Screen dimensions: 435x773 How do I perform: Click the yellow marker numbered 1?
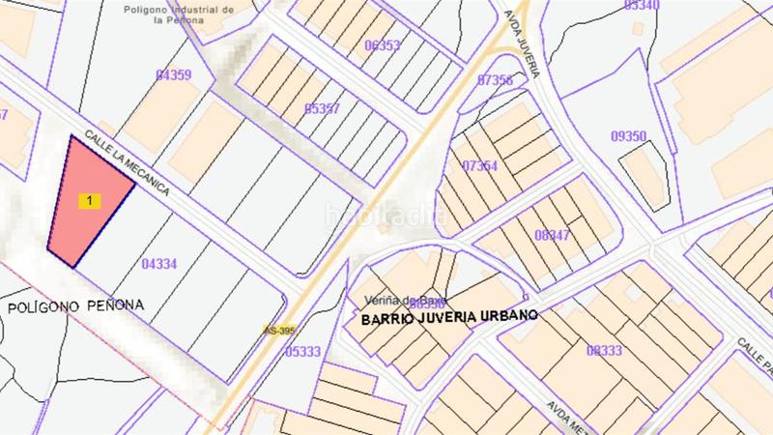(x=90, y=201)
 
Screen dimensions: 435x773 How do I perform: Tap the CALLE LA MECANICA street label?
(x=127, y=163)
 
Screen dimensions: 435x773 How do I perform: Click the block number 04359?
(x=172, y=74)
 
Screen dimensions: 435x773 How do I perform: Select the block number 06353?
(x=382, y=45)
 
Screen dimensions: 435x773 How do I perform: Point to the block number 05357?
(x=321, y=108)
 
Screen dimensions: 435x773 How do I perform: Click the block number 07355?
(x=494, y=80)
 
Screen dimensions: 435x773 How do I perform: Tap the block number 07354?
(x=479, y=165)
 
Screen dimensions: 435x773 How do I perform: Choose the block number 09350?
(x=628, y=136)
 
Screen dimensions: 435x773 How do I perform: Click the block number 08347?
(x=551, y=234)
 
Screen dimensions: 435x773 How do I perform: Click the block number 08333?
(x=604, y=350)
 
